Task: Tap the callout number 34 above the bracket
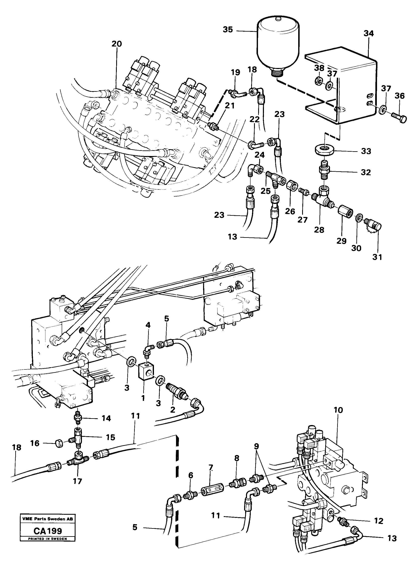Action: tap(369, 33)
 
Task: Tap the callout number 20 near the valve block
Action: tap(117, 44)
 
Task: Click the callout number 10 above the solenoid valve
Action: tap(338, 410)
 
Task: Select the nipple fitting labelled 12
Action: tap(342, 519)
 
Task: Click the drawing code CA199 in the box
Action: tap(48, 531)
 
